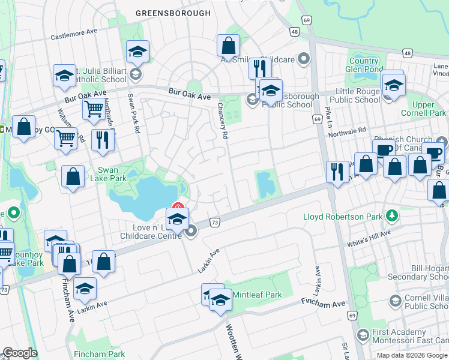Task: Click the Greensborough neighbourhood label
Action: pyautogui.click(x=173, y=13)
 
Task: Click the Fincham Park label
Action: pyautogui.click(x=100, y=354)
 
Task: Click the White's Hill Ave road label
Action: pyautogui.click(x=369, y=238)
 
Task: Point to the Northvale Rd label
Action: pyautogui.click(x=346, y=131)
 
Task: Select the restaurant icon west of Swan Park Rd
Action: pyautogui.click(x=103, y=140)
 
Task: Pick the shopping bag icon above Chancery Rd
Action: pyautogui.click(x=228, y=45)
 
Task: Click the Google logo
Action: pyautogui.click(x=20, y=353)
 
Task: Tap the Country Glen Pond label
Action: pyautogui.click(x=364, y=65)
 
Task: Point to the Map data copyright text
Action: pyautogui.click(x=412, y=355)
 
